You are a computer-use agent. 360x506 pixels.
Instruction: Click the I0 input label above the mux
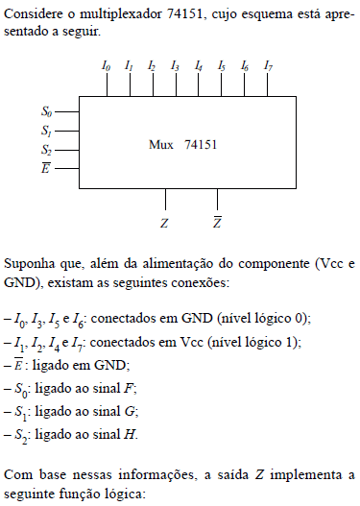pos(106,66)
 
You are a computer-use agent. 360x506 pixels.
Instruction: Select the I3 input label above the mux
pos(175,66)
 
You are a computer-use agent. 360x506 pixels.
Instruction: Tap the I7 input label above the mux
pos(268,66)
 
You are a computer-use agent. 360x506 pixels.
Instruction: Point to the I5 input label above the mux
pos(222,66)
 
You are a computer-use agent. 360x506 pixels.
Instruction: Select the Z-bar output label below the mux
pos(218,222)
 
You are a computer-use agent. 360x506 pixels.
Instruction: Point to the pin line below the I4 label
pos(199,84)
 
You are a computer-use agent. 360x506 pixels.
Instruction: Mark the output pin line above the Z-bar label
pos(218,199)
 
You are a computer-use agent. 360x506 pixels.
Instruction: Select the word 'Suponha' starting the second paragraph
pos(29,262)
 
